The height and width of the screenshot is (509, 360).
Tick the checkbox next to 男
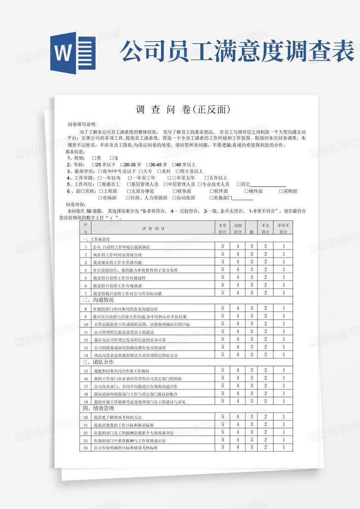[94, 158]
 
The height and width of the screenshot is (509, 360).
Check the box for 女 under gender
[112, 158]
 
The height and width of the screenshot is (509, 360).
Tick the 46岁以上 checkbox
[174, 164]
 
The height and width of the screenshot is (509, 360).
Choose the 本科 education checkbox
[159, 171]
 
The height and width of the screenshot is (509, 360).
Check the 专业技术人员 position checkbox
[200, 184]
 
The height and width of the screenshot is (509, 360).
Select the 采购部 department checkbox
[281, 191]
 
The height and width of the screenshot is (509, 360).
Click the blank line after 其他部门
[243, 198]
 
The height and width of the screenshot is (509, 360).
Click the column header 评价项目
[153, 228]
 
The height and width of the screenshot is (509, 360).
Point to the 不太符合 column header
[265, 229]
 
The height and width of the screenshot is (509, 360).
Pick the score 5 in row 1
[222, 247]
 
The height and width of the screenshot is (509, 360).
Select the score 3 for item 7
[252, 292]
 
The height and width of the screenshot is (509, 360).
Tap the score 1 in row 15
[284, 370]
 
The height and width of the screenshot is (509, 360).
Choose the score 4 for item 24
[238, 447]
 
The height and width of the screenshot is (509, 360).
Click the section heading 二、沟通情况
[98, 300]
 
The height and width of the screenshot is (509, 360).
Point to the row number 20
[85, 417]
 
